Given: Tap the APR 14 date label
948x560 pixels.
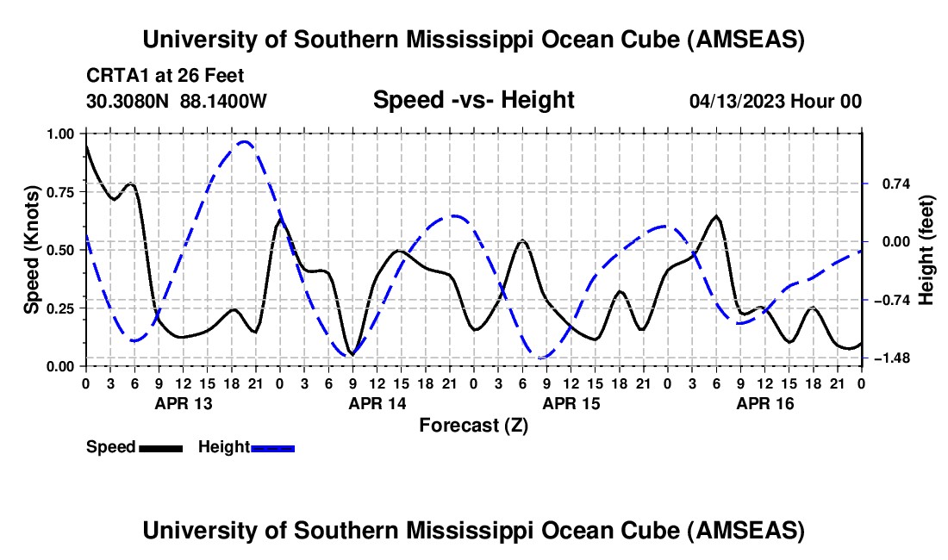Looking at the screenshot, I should pos(377,403).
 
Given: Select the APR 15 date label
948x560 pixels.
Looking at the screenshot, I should pos(571,403).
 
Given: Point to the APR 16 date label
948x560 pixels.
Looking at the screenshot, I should pos(764,403).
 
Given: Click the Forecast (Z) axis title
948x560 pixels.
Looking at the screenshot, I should pos(473,425).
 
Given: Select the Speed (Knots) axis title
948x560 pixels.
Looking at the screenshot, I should pos(31,250).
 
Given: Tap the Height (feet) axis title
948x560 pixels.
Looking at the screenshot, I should pos(927,250).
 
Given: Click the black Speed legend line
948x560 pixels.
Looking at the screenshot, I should pos(160,447).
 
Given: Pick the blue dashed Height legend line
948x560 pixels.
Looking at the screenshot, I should pos(272,447).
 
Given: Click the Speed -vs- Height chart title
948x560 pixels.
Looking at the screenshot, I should pos(473,101).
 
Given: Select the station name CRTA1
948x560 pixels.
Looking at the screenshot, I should pos(113,76).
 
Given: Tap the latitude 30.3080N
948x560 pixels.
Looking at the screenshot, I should pos(128,102).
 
